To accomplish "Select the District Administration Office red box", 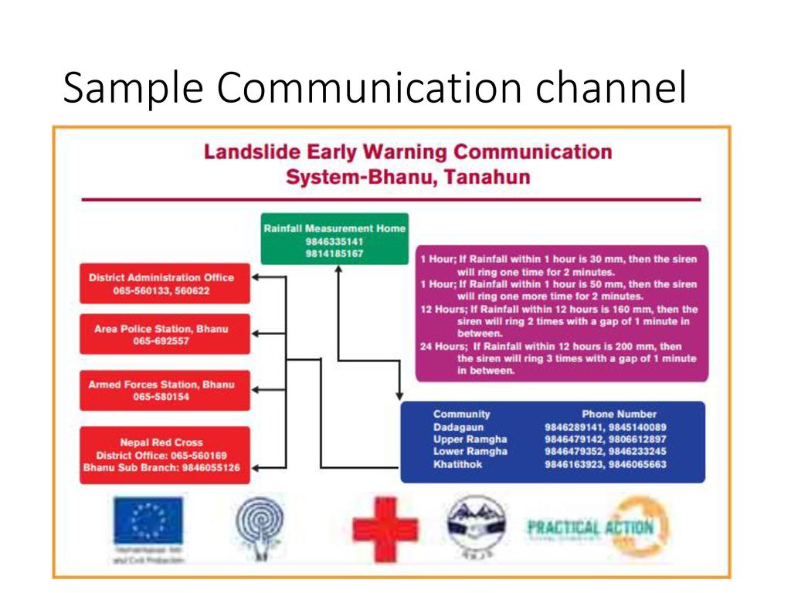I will point(165,283).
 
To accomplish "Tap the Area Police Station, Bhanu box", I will point(165,334).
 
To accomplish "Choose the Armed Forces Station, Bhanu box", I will point(165,390).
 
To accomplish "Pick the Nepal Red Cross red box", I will point(165,455).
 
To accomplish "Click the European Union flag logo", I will point(148,518).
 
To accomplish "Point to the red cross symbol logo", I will point(385,528).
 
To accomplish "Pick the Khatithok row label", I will point(458,464).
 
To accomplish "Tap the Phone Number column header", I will point(619,414).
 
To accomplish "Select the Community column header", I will point(461,414).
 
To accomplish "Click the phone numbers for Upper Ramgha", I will point(605,439).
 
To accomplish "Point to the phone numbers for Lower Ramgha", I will point(605,451).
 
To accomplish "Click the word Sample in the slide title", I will point(133,89).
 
